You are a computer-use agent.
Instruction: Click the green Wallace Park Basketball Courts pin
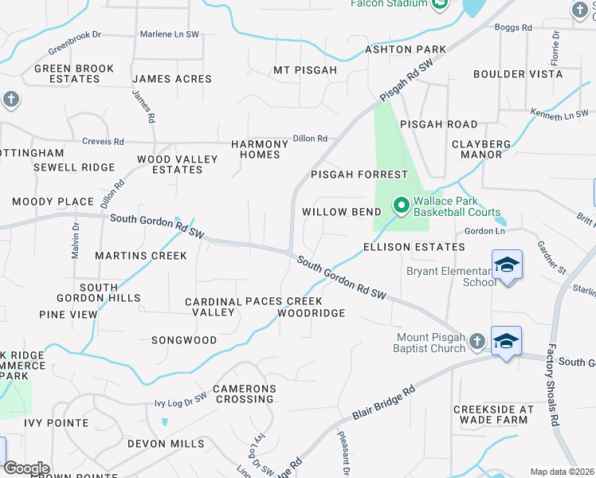[402, 206]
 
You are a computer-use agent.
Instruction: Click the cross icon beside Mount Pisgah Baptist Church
[476, 342]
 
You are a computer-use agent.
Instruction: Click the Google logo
[25, 468]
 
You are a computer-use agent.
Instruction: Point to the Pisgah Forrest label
[359, 174]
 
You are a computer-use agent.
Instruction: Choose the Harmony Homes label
[260, 149]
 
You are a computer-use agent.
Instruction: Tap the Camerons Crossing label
[244, 394]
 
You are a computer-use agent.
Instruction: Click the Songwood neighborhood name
[184, 340]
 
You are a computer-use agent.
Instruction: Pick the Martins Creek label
[140, 256]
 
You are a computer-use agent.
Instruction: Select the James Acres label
[172, 79]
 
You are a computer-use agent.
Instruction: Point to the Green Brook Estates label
[74, 74]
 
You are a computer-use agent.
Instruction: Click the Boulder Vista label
[518, 74]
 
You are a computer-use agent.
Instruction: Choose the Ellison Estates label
[414, 247]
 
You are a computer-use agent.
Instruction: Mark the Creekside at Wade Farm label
[492, 414]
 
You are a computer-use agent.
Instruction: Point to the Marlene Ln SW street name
[169, 34]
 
